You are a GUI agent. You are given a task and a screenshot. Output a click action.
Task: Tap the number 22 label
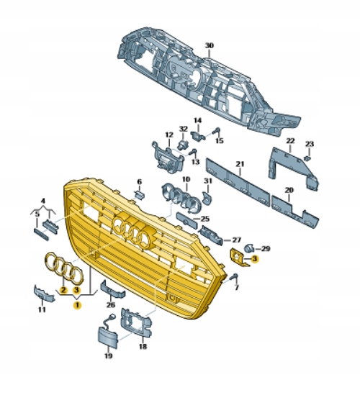[290, 140]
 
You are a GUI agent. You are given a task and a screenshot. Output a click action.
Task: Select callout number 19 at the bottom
[108, 355]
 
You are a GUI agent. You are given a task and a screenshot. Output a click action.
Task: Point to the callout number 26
[110, 304]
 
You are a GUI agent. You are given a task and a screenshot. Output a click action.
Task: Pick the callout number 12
[169, 135]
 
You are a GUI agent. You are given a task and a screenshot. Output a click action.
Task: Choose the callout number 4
[42, 201]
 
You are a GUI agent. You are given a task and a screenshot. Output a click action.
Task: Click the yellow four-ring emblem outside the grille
[66, 268]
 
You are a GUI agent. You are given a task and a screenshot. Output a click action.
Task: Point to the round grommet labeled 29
[249, 249]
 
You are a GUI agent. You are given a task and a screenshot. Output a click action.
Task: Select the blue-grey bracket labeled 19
[106, 337]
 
